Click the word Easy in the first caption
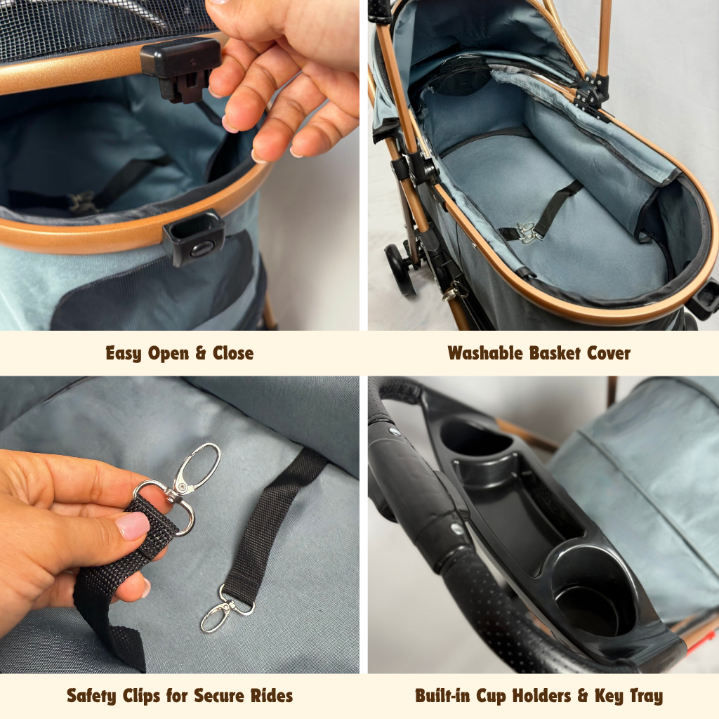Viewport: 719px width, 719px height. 124,354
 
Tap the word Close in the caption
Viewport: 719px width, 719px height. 233,354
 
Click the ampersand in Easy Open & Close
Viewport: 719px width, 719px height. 200,354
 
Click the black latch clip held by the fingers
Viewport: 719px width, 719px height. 180,69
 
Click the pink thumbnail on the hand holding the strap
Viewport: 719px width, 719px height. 133,525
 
